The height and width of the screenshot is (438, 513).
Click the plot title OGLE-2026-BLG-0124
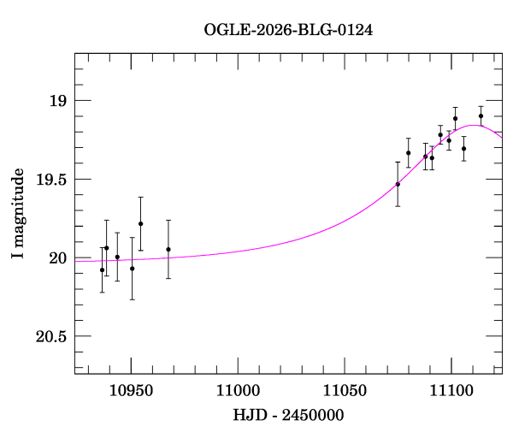[x=288, y=30]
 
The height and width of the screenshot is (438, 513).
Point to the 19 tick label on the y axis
[x=58, y=101]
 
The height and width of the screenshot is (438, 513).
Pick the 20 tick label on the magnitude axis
[x=58, y=258]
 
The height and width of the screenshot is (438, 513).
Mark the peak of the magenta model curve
[x=472, y=125]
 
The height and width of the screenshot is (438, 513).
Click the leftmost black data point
[x=102, y=270]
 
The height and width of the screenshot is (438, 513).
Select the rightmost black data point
[x=481, y=116]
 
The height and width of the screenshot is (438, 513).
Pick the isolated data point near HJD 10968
[x=168, y=250]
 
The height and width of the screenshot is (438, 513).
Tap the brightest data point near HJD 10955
[x=140, y=224]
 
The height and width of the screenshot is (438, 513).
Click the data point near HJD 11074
[x=398, y=184]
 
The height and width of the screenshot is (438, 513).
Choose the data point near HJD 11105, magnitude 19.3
[x=463, y=149]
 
